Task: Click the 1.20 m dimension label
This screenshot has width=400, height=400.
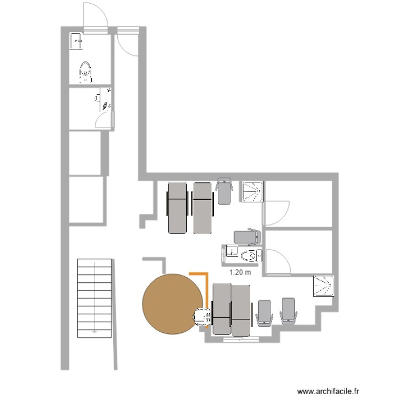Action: click(239, 272)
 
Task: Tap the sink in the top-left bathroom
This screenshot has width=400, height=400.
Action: click(76, 41)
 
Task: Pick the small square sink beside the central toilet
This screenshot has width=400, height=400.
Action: click(231, 251)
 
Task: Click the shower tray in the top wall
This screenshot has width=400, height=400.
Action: click(252, 193)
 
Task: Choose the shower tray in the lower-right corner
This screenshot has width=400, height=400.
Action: click(323, 285)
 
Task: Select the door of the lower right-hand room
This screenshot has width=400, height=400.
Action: click(277, 261)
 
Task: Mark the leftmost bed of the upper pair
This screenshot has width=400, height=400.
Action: click(178, 208)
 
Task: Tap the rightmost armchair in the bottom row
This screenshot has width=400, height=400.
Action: click(289, 311)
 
